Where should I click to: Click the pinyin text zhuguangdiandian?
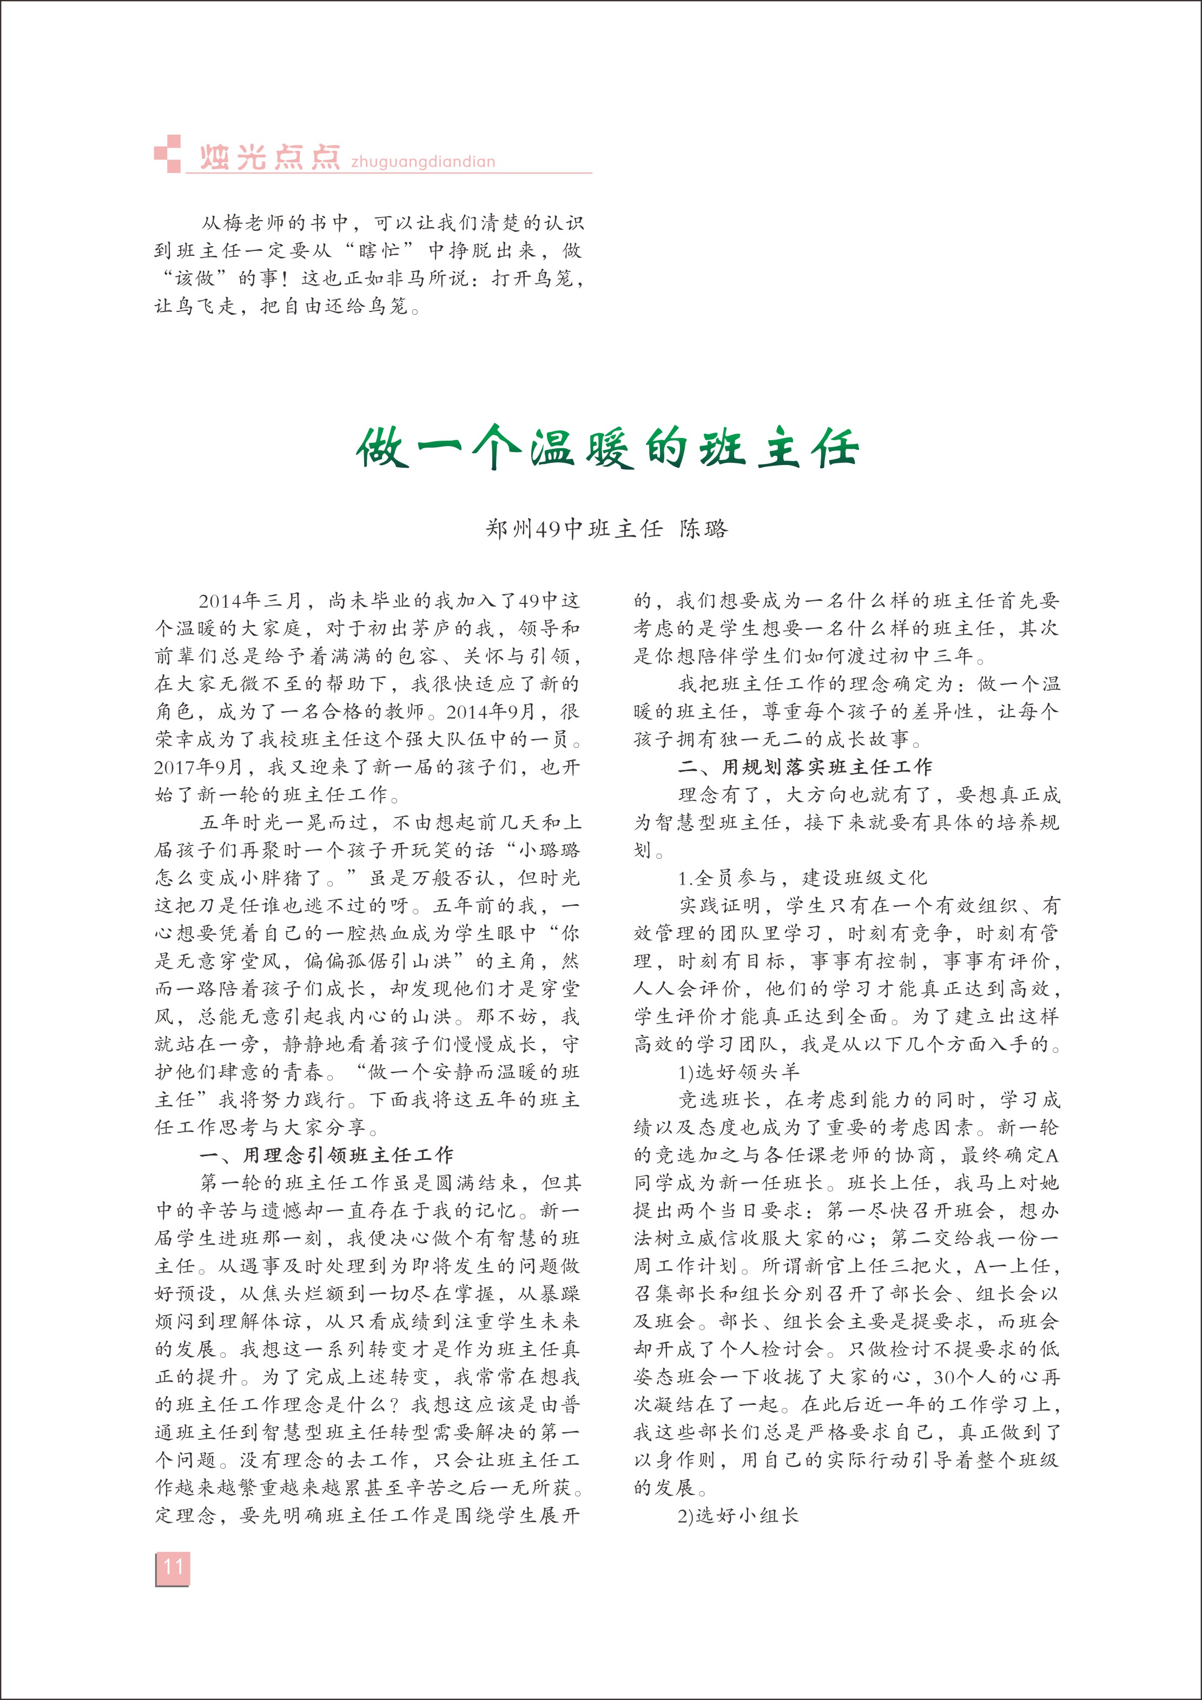(423, 162)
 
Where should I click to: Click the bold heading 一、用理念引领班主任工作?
(326, 1155)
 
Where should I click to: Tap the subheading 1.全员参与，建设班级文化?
(802, 878)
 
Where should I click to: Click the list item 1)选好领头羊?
(738, 1072)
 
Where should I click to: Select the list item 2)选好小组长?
(738, 1516)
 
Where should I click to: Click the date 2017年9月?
(199, 767)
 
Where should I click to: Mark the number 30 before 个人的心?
(947, 1377)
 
